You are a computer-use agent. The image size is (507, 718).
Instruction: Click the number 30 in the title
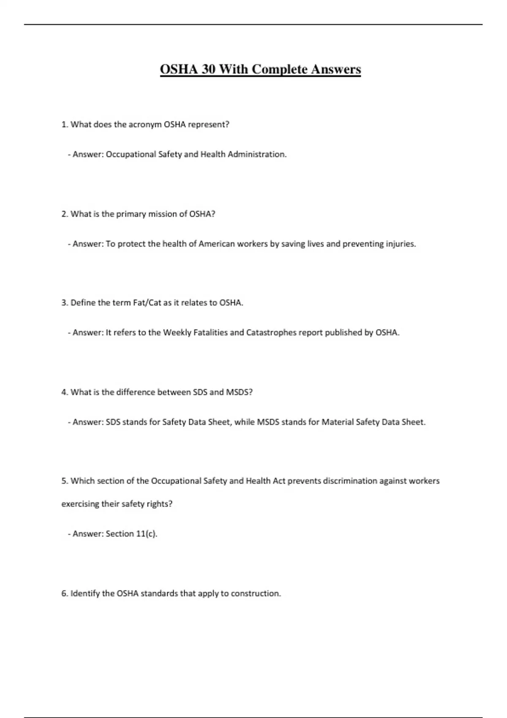click(x=208, y=69)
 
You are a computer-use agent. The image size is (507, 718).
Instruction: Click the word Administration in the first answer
click(x=257, y=155)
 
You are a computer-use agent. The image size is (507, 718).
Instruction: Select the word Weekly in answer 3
click(x=177, y=333)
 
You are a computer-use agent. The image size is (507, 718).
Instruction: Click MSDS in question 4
click(x=239, y=392)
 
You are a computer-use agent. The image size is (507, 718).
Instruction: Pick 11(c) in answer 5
click(x=146, y=534)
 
